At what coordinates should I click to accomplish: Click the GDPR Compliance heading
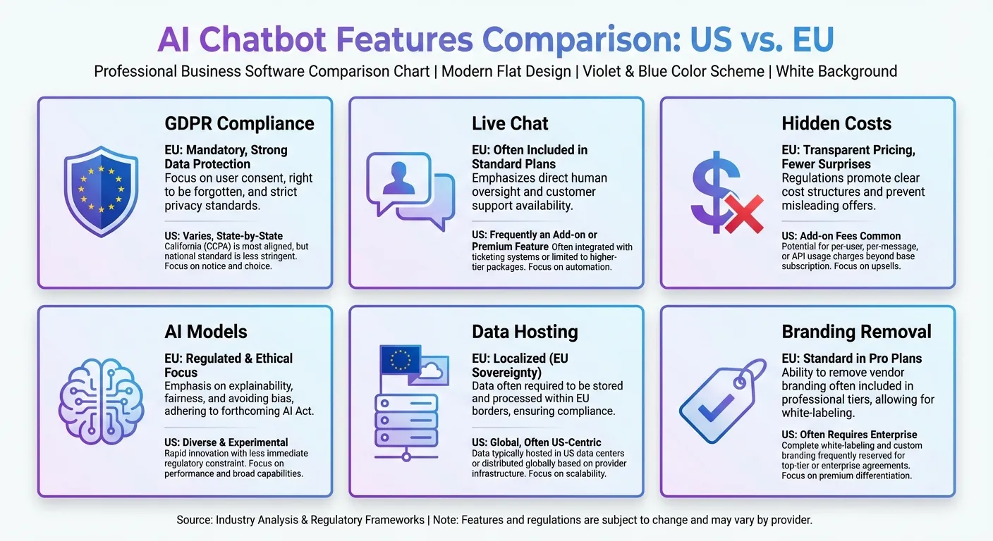pyautogui.click(x=239, y=123)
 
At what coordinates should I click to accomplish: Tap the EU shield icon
pyautogui.click(x=101, y=191)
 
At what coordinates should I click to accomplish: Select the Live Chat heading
pyautogui.click(x=510, y=123)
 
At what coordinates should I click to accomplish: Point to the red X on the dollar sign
pyautogui.click(x=743, y=215)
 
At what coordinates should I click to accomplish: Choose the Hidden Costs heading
pyautogui.click(x=836, y=123)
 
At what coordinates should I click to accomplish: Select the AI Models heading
pyautogui.click(x=206, y=332)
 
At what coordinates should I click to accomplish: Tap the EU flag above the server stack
pyautogui.click(x=400, y=360)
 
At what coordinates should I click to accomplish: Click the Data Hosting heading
pyautogui.click(x=525, y=332)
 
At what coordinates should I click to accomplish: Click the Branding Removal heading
pyautogui.click(x=856, y=332)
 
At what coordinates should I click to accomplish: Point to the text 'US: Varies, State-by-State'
pyautogui.click(x=224, y=235)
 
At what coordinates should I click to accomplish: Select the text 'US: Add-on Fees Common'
pyautogui.click(x=841, y=236)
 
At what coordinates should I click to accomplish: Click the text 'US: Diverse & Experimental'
pyautogui.click(x=226, y=442)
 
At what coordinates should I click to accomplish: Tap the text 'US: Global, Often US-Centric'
pyautogui.click(x=537, y=442)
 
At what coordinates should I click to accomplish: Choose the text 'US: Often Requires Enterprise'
pyautogui.click(x=849, y=435)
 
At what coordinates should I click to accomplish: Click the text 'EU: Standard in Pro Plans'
pyautogui.click(x=851, y=359)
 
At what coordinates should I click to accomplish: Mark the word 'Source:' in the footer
pyautogui.click(x=195, y=520)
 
